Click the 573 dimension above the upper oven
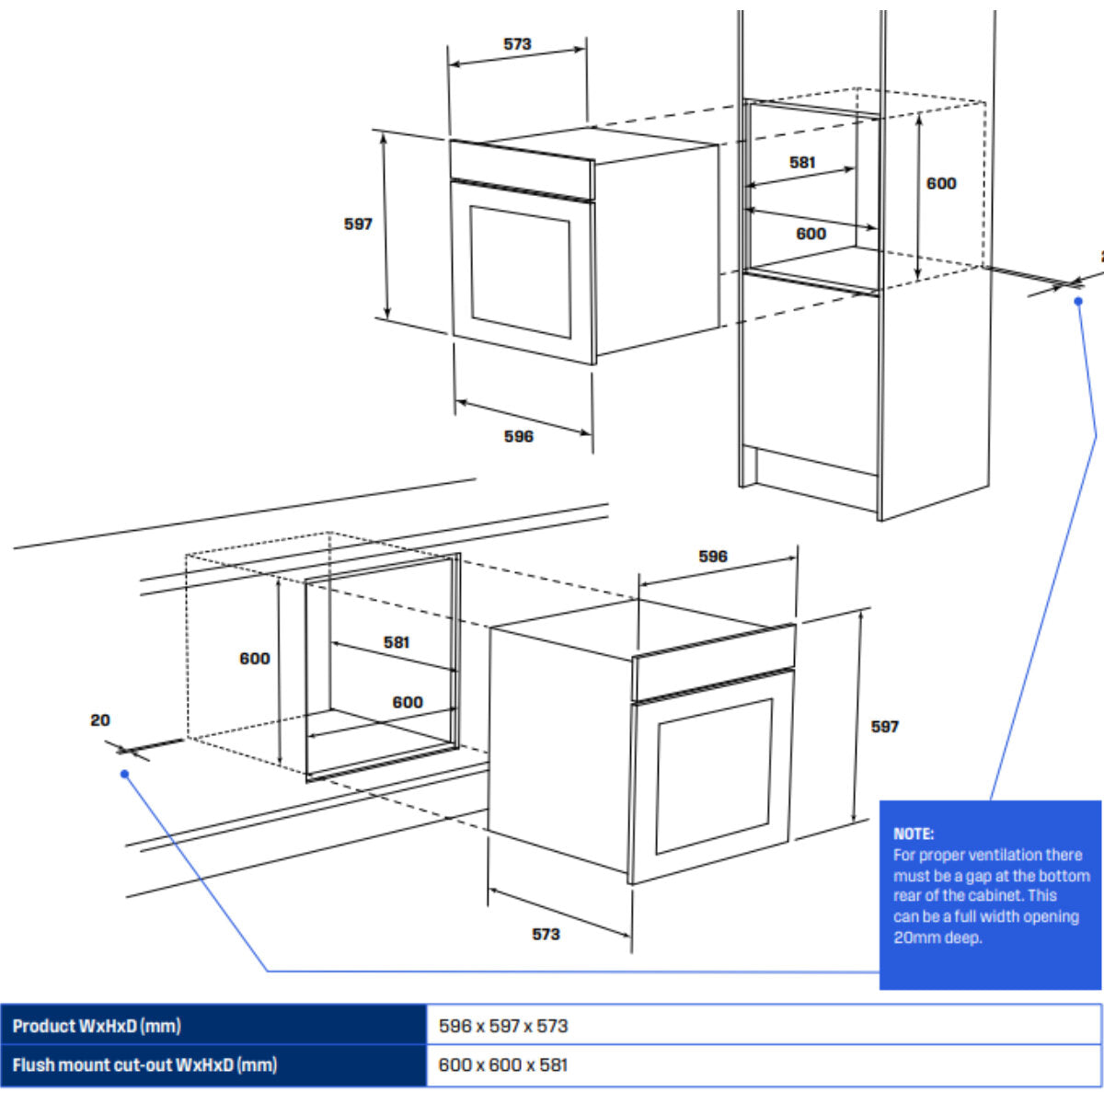click(x=517, y=44)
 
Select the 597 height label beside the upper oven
click(x=358, y=224)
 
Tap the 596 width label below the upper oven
click(x=518, y=436)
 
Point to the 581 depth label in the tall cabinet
click(x=802, y=162)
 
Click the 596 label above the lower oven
click(x=712, y=556)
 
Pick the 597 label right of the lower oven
click(x=884, y=727)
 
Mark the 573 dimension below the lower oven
click(x=546, y=934)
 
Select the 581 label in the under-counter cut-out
click(x=397, y=642)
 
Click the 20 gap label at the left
click(x=100, y=720)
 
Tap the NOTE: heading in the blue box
click(x=914, y=834)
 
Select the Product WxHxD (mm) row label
click(x=97, y=1026)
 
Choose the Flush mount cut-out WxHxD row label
click(x=144, y=1065)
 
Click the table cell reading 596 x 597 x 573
click(x=503, y=1026)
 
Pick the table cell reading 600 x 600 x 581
click(x=503, y=1065)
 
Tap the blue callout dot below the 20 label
click(x=125, y=774)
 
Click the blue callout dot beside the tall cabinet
click(x=1078, y=301)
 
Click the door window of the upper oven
click(x=521, y=271)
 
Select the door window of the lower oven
click(x=714, y=776)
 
